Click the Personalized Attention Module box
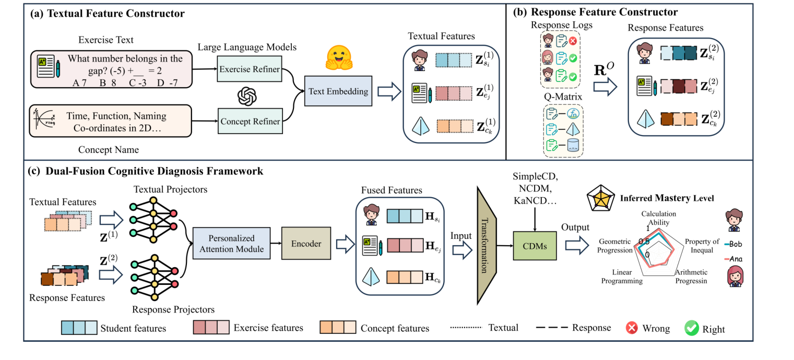[231, 243]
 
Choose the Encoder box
[306, 243]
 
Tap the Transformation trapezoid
[485, 245]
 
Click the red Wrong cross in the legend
[632, 328]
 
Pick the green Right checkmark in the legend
[692, 328]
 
